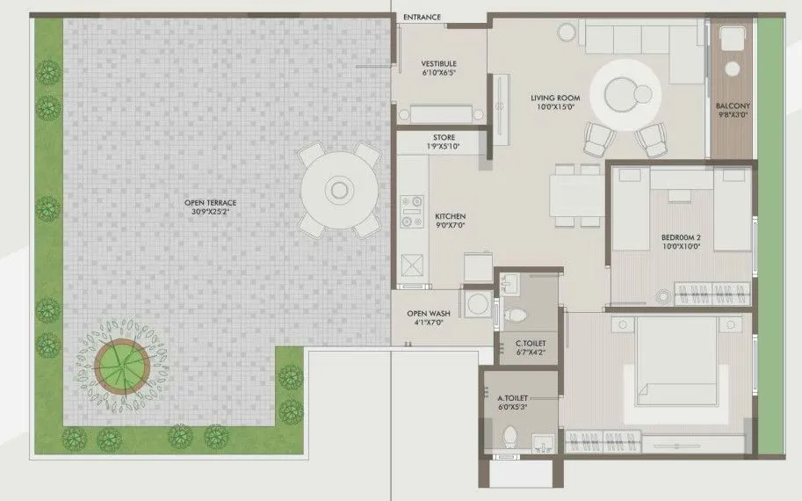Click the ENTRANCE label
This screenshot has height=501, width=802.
(x=422, y=17)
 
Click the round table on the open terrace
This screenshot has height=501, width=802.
(x=338, y=190)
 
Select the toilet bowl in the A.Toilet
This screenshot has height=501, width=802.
(x=509, y=435)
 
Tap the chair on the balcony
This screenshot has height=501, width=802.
(x=731, y=40)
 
